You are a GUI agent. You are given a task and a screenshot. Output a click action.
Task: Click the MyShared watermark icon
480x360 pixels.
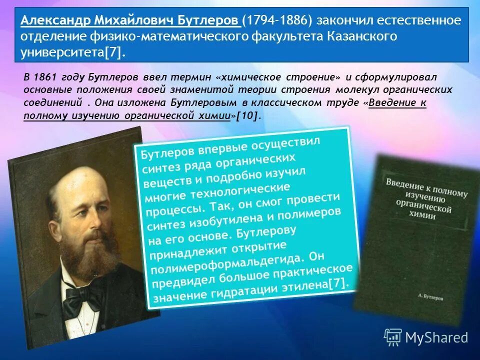pos(393,337)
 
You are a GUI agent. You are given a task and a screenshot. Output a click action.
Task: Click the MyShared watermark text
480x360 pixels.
pos(437,337)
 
